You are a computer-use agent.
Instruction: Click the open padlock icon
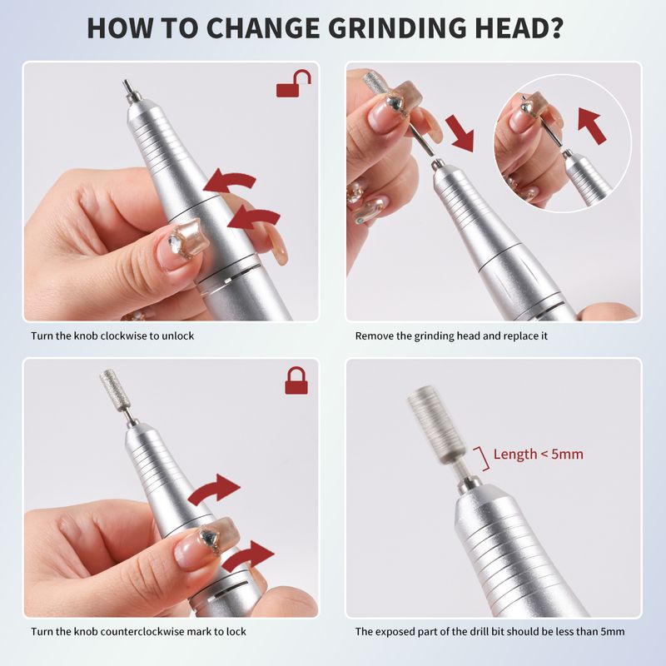[294, 84]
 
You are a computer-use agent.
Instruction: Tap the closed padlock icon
[296, 381]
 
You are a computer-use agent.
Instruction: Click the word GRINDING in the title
[396, 28]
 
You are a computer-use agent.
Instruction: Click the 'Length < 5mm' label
[538, 454]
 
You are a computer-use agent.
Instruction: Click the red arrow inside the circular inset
[592, 126]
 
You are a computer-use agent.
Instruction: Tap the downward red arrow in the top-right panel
[460, 132]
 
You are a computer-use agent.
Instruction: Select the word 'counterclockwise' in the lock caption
[145, 632]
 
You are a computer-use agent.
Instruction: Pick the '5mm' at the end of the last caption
[613, 632]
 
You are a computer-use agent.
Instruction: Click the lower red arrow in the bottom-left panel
[247, 556]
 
